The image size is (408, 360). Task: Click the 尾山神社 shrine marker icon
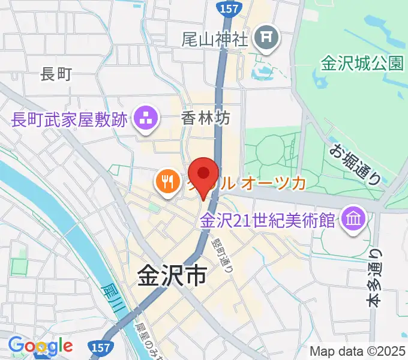266,40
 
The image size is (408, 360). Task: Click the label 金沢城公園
362,63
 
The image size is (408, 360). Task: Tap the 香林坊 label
205,119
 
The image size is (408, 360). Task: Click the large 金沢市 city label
172,275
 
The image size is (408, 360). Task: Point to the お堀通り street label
355,163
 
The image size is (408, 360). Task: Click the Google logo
41,346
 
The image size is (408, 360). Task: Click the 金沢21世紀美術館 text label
268,220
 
